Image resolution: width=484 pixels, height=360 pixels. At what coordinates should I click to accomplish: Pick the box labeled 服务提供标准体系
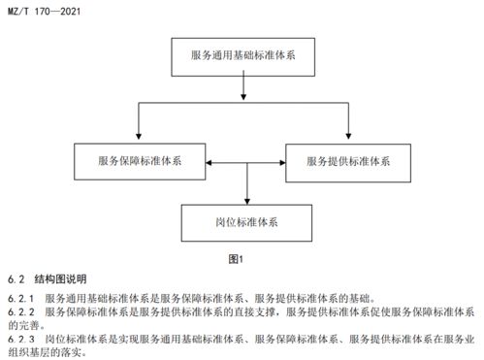click(x=345, y=159)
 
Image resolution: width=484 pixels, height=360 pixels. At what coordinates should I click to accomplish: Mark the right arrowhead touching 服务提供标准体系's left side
click(x=279, y=163)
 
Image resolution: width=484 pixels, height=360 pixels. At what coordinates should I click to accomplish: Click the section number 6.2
click(x=16, y=278)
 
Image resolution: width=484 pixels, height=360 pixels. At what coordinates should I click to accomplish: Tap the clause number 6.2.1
click(x=21, y=297)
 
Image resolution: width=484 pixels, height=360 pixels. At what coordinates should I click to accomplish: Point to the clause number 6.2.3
click(x=21, y=339)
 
